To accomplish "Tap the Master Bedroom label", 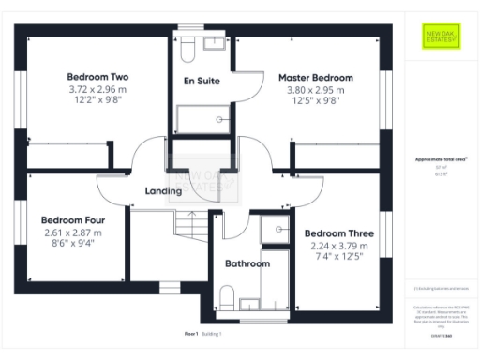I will tap(316, 77).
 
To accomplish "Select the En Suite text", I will tap(202, 82).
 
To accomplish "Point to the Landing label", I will tap(163, 191).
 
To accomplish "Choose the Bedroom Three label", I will tap(335, 232).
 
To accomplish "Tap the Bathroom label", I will tap(247, 263).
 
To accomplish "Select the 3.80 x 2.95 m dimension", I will tap(316, 90).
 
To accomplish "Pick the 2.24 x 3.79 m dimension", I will tap(335, 246).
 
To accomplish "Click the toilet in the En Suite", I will tap(186, 47).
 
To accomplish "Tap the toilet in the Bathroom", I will tap(226, 297).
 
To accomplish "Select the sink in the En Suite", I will tap(215, 43).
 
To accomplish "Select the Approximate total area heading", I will tap(440, 161).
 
